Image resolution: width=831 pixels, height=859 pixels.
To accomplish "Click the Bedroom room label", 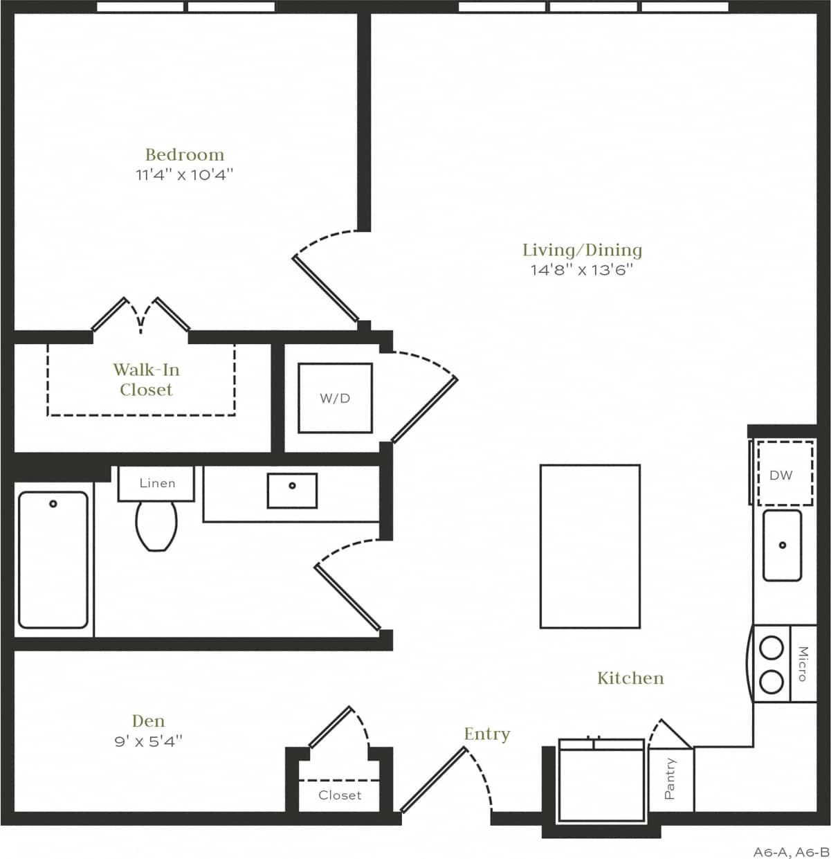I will click(x=184, y=154).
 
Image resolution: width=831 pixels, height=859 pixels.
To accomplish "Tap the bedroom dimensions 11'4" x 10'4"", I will click(x=184, y=174).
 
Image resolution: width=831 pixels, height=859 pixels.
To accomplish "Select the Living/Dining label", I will click(x=582, y=250).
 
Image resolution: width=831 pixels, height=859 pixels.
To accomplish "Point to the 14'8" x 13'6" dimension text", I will click(x=582, y=270).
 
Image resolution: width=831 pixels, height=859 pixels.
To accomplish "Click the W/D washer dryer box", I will click(x=335, y=398).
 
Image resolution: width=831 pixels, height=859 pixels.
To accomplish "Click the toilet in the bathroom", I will click(x=156, y=524).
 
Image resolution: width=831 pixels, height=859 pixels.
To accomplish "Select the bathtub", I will click(x=53, y=559).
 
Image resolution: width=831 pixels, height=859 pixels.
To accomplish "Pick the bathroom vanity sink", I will click(x=292, y=490).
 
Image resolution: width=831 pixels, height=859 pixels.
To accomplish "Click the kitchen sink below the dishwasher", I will click(x=782, y=545).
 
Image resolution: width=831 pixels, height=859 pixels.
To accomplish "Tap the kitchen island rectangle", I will click(x=590, y=546).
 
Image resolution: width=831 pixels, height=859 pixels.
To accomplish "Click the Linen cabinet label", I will click(x=157, y=483).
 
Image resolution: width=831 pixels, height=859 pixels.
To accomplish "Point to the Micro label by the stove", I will click(x=803, y=664).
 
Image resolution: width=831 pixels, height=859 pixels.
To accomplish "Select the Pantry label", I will click(x=670, y=779).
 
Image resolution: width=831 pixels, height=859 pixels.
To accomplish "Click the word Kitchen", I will click(x=630, y=678).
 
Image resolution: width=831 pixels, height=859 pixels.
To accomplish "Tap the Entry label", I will click(x=486, y=734).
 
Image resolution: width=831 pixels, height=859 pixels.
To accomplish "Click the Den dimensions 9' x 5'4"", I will click(x=148, y=741).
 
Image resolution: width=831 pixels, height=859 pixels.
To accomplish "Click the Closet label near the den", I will click(x=340, y=795).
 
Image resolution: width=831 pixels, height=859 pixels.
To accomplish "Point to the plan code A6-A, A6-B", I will click(x=790, y=851).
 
